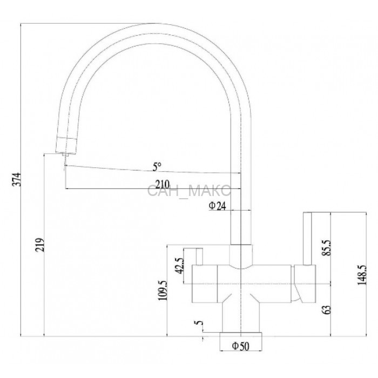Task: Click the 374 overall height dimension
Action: [x=17, y=179]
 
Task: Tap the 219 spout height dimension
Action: [x=40, y=245]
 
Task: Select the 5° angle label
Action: [x=157, y=166]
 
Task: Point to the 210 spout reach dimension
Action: [x=162, y=185]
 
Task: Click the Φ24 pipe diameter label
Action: [x=218, y=206]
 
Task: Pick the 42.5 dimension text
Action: [x=179, y=266]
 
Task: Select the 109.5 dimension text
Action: [x=163, y=291]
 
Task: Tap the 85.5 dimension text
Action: [x=327, y=248]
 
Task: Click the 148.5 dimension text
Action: [x=362, y=275]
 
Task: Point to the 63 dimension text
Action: [x=327, y=310]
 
